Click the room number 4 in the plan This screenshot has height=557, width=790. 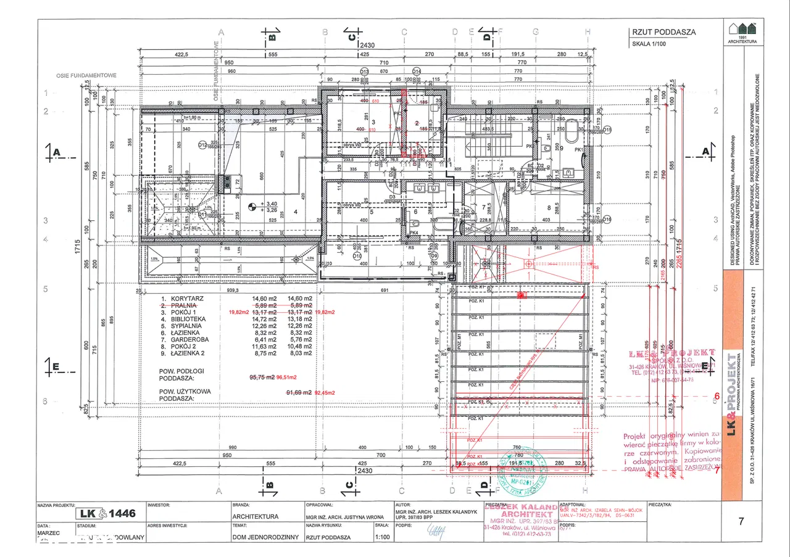(x=296, y=212)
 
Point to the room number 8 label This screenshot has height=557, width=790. (x=547, y=207)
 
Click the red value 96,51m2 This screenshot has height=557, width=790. (x=286, y=377)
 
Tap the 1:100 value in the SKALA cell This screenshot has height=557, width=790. (x=382, y=537)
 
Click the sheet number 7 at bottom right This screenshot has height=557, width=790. (x=741, y=521)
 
